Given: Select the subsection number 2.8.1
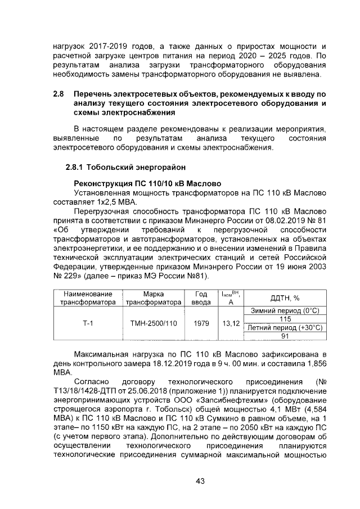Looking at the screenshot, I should click(76, 168).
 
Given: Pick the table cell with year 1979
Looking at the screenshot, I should click(201, 323).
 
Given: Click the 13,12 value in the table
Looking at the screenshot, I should click(231, 323).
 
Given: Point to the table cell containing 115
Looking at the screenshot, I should click(285, 319).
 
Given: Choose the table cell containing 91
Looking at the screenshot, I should click(285, 336).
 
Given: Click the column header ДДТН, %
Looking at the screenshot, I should click(285, 298).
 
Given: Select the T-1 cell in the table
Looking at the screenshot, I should click(88, 323).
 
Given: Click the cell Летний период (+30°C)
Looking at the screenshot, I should click(285, 328).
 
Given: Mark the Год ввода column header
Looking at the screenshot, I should click(201, 298).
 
